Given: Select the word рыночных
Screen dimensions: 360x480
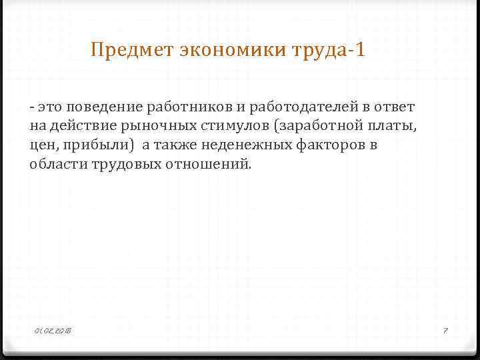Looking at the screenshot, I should tap(153, 125).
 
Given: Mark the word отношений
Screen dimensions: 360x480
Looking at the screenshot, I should tap(210, 164).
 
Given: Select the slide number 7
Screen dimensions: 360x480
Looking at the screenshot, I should tap(446, 331).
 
